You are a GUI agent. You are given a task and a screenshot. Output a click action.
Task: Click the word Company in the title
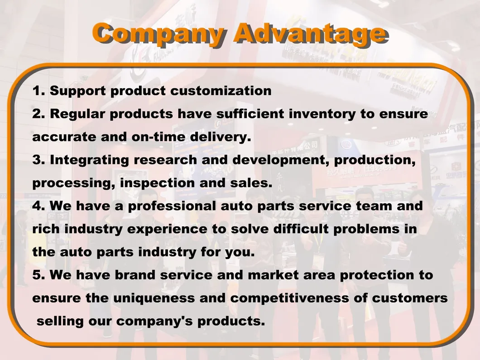(x=159, y=34)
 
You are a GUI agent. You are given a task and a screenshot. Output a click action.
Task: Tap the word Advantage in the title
(x=310, y=34)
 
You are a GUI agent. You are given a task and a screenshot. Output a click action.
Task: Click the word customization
(x=221, y=91)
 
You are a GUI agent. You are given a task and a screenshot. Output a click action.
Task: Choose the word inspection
(x=157, y=183)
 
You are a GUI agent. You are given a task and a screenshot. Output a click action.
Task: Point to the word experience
(x=167, y=229)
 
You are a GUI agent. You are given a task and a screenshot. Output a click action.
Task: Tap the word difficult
(x=301, y=229)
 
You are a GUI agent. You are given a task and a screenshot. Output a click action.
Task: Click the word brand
(x=135, y=275)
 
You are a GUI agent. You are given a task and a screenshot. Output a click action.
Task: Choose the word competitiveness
(x=290, y=298)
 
